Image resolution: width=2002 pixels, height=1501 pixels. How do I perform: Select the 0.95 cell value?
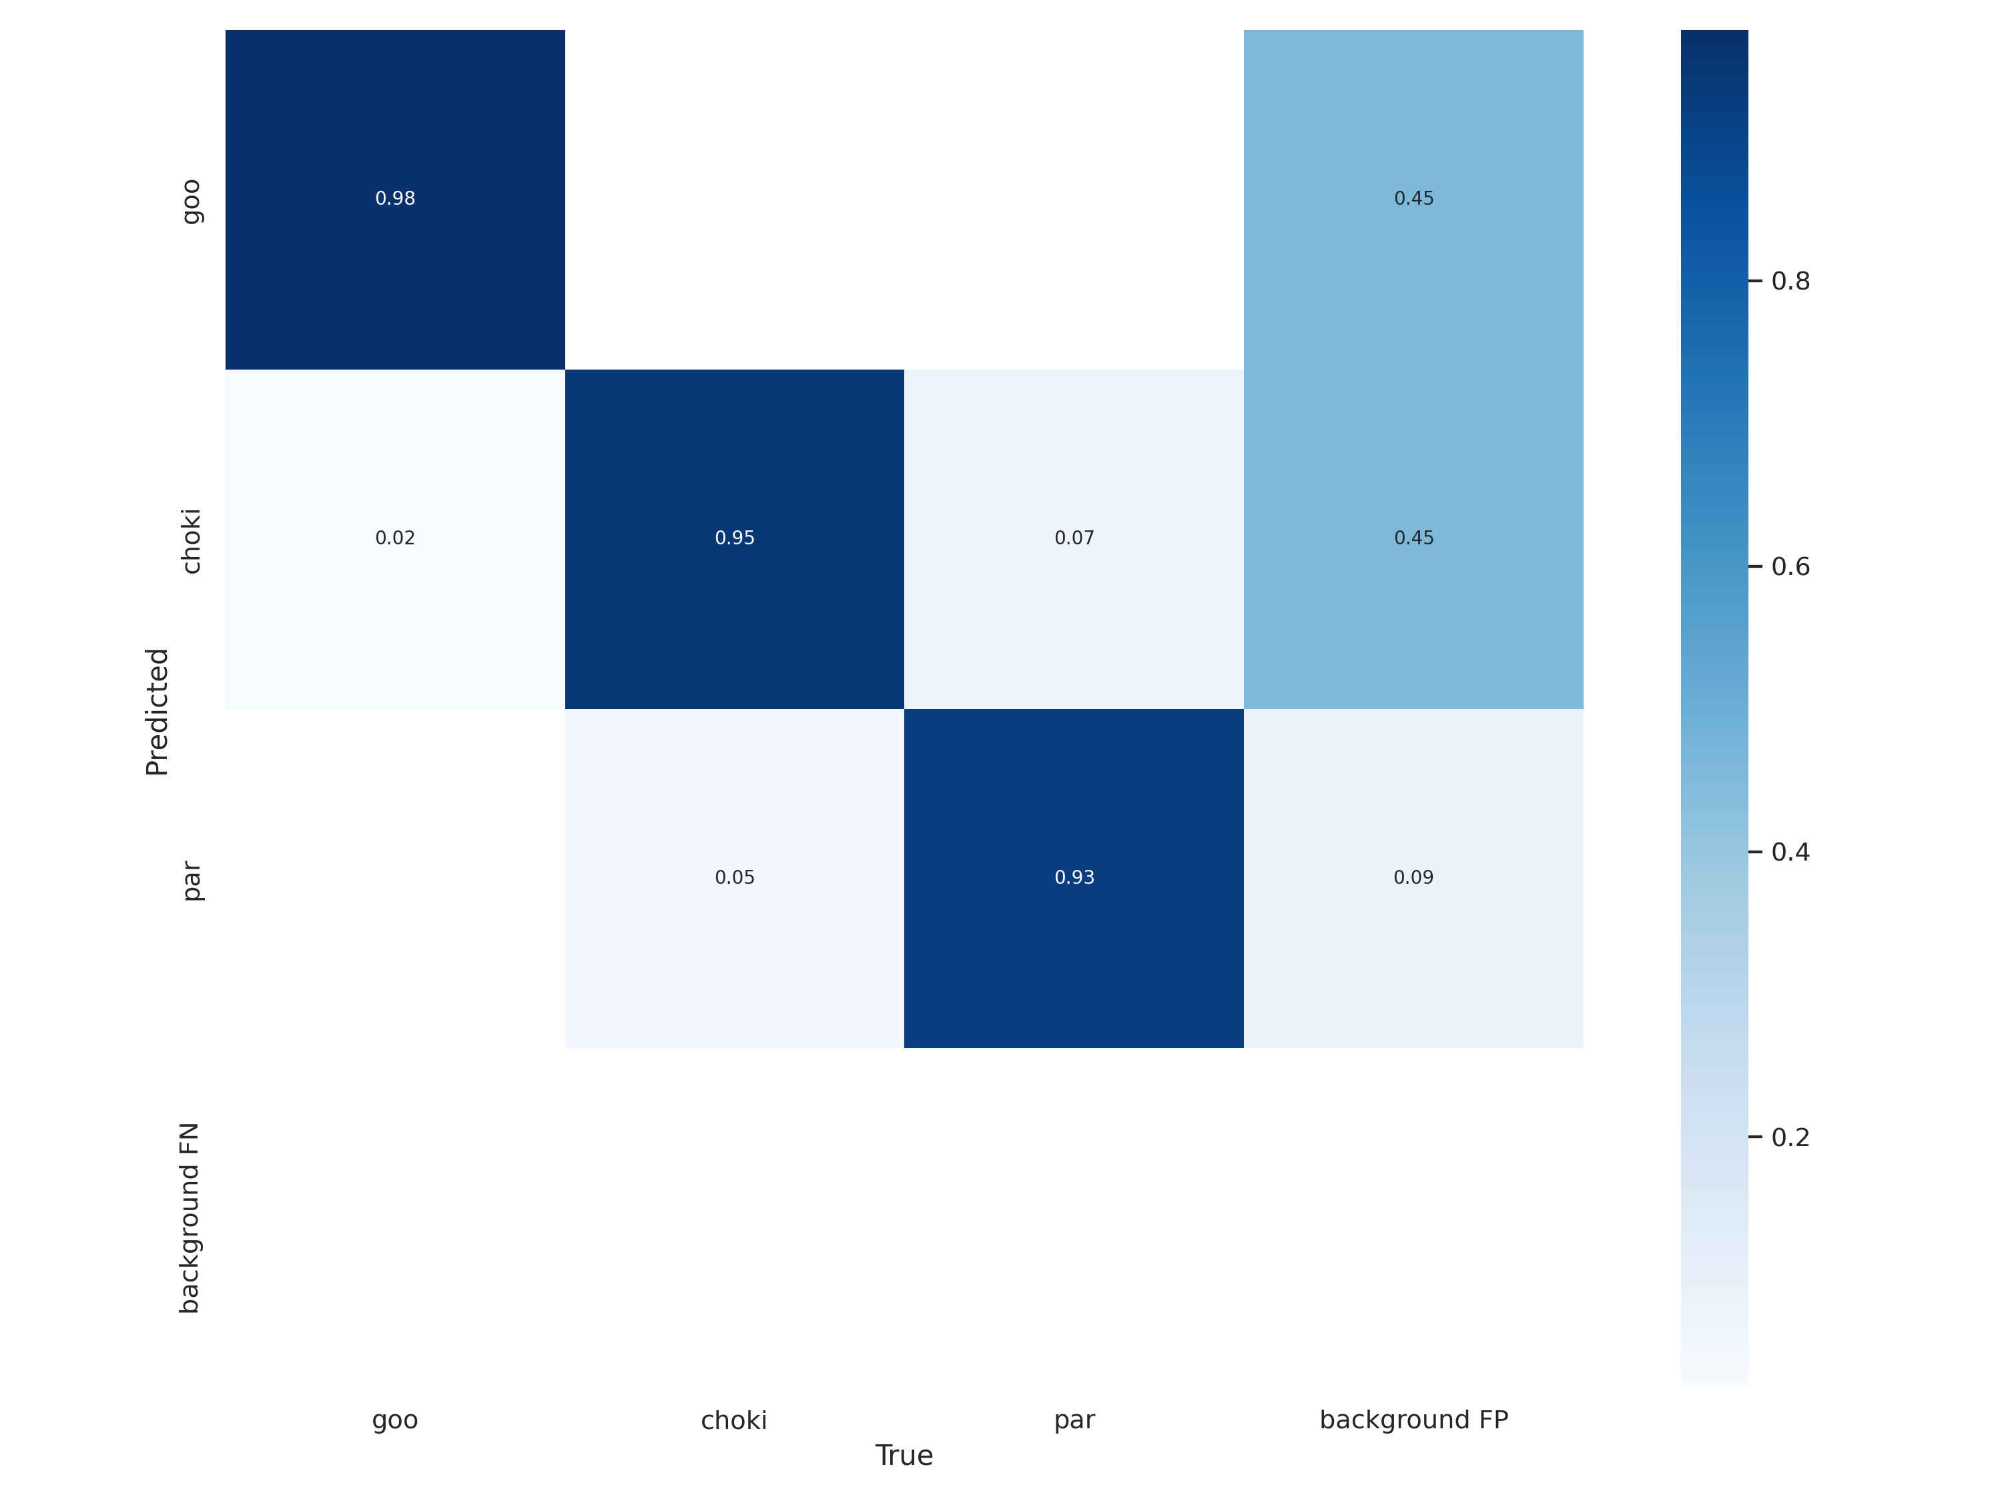click(x=734, y=538)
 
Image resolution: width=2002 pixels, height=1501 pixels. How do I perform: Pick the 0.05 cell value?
click(x=734, y=877)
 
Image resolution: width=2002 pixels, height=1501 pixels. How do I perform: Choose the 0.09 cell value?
click(x=1413, y=877)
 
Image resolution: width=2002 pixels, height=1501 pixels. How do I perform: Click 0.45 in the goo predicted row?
click(x=1413, y=198)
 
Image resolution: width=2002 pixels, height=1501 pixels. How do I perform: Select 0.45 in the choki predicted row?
click(x=1413, y=538)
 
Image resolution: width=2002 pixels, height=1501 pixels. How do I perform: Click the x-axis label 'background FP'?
click(x=1413, y=1420)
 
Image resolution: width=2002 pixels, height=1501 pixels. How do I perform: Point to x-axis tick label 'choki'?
click(x=734, y=1420)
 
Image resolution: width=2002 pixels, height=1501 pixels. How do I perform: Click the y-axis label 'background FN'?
click(x=189, y=1217)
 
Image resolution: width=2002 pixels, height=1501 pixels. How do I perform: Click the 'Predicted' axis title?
click(x=157, y=711)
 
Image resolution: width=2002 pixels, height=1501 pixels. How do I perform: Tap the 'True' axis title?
click(x=904, y=1455)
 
